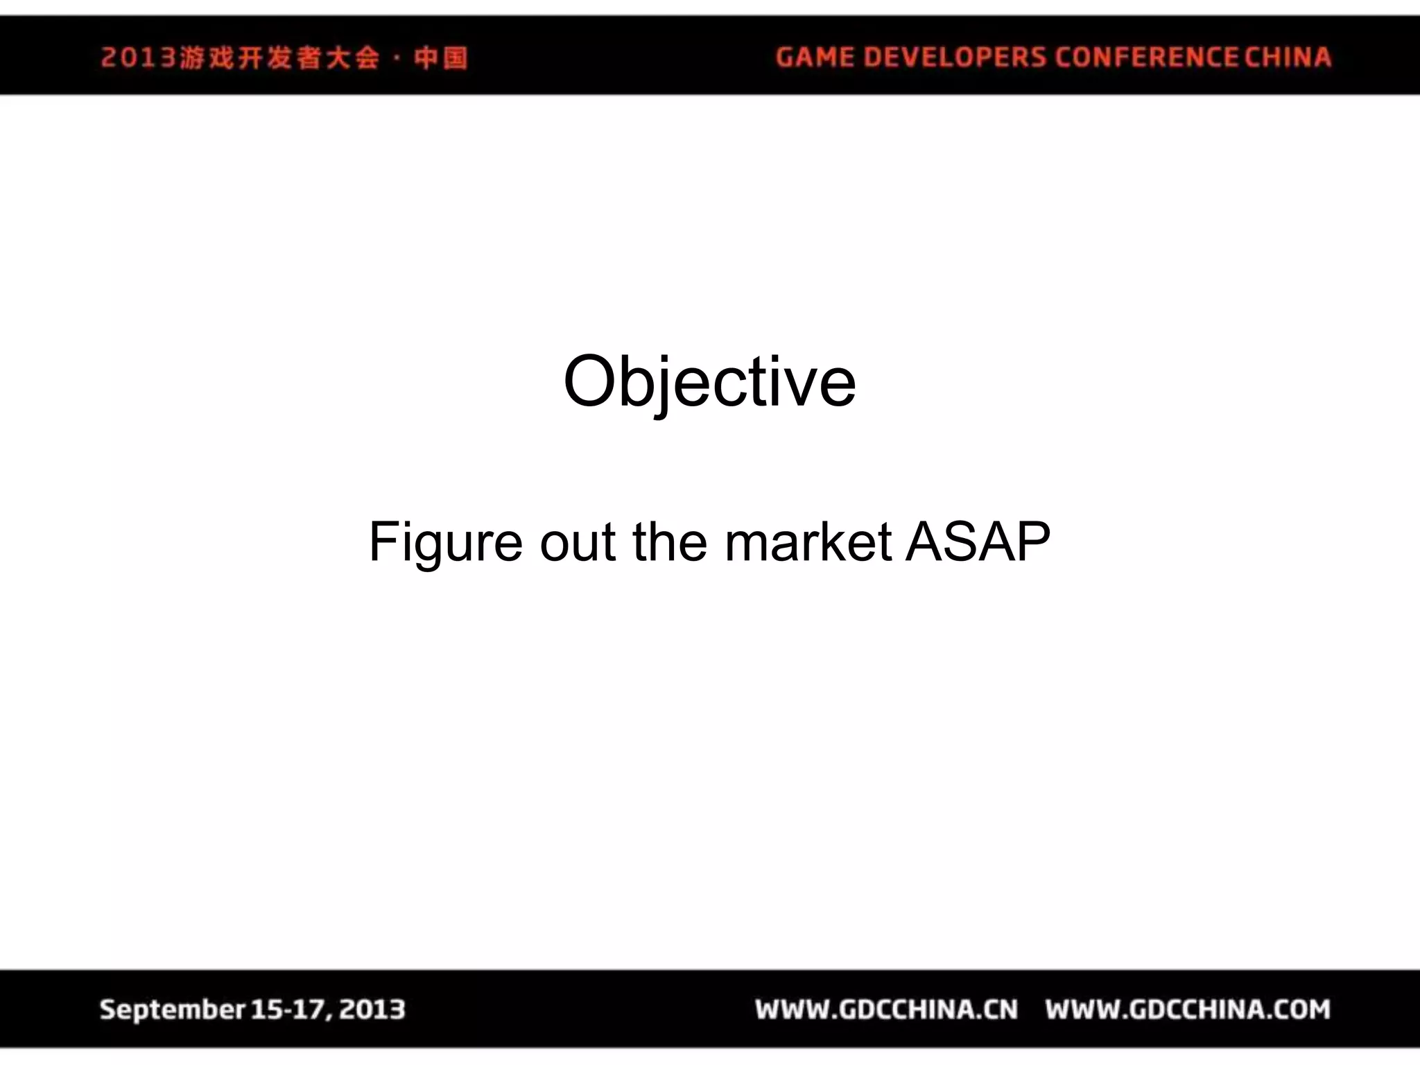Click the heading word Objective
click(709, 382)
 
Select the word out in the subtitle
click(578, 542)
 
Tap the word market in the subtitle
click(808, 542)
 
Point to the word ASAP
click(978, 542)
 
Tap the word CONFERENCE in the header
click(1147, 57)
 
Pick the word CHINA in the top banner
click(1288, 57)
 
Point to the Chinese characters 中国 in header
click(441, 58)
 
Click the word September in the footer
click(172, 1010)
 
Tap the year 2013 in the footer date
click(372, 1010)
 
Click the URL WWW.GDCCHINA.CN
click(887, 1010)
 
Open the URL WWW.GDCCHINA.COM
click(1188, 1010)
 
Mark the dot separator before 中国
click(397, 58)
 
